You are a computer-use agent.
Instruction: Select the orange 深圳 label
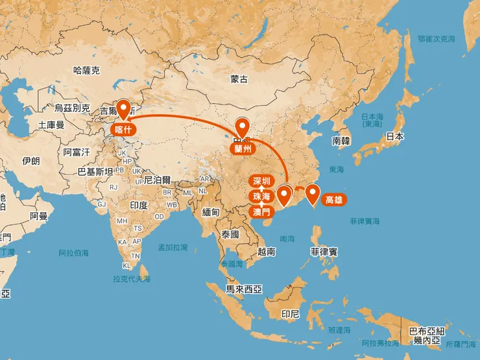coord(262,182)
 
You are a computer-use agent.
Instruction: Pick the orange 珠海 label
coord(262,197)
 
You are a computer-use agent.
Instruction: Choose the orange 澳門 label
coord(262,211)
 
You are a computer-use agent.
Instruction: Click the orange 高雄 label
coord(335,200)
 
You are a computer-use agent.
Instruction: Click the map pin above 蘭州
coord(243,128)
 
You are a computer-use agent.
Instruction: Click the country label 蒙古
coord(239,79)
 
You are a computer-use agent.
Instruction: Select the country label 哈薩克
coord(86,70)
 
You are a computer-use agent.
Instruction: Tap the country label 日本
coord(394,136)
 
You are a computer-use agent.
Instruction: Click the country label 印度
coord(139,205)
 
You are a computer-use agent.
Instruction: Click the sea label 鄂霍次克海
coord(437,39)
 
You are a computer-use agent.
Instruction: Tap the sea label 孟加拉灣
coord(173,247)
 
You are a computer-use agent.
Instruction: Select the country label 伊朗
coord(30,160)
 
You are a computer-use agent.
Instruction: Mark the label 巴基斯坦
coord(95,171)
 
